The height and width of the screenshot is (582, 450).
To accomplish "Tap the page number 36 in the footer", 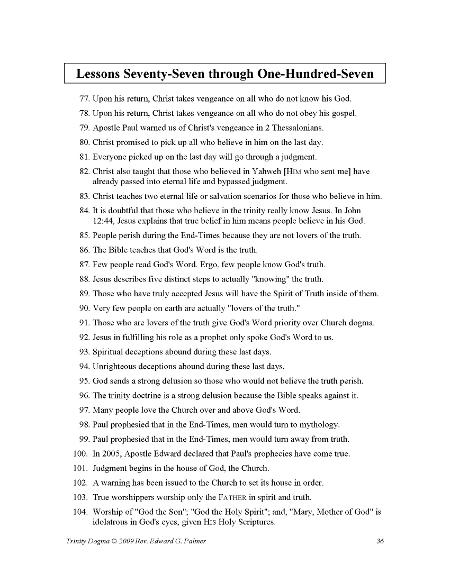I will point(380,541).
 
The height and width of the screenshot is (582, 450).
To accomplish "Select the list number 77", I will point(85,98).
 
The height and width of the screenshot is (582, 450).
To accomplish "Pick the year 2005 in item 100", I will point(111,454).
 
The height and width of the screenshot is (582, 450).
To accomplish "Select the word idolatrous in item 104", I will point(112,522).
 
